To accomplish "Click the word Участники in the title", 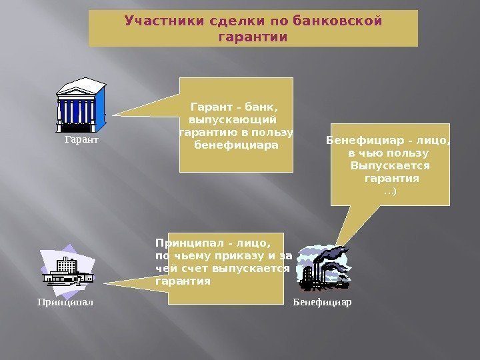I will (155, 21).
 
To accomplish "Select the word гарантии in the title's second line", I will (253, 36).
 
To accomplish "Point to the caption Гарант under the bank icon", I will (81, 141).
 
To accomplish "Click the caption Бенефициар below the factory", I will (322, 302).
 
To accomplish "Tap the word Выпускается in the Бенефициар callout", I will (390, 166).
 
